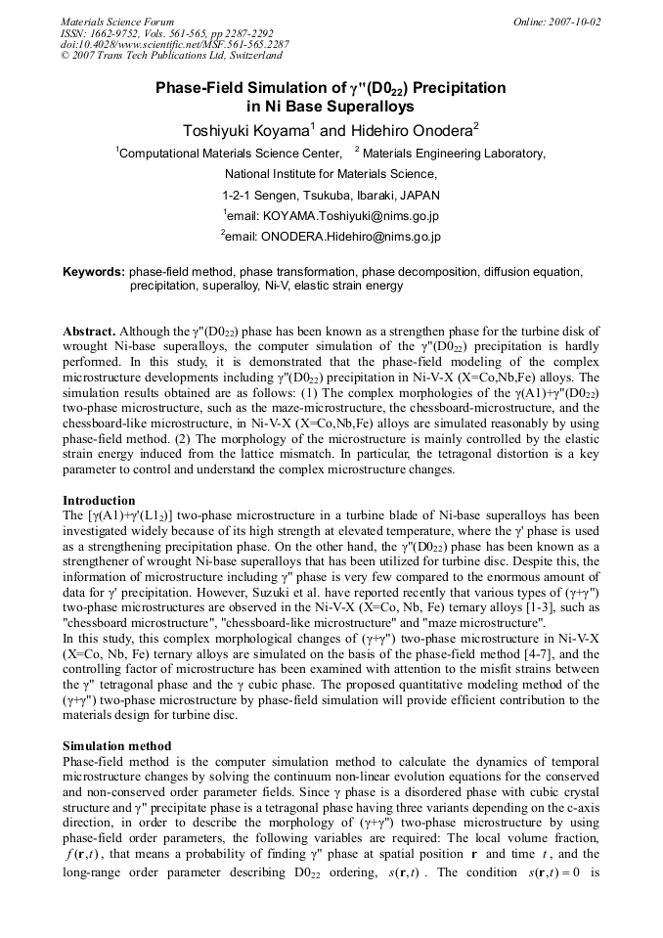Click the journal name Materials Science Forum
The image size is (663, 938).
(117, 21)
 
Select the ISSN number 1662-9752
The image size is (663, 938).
(120, 32)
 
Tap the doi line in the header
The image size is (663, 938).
(174, 44)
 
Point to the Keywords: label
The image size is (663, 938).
(94, 271)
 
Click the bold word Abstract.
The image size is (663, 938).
(89, 333)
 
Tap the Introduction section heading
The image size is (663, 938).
(99, 501)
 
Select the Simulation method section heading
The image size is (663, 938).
(116, 746)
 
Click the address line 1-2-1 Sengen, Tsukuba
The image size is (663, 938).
(331, 195)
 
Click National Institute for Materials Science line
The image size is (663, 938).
(331, 173)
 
